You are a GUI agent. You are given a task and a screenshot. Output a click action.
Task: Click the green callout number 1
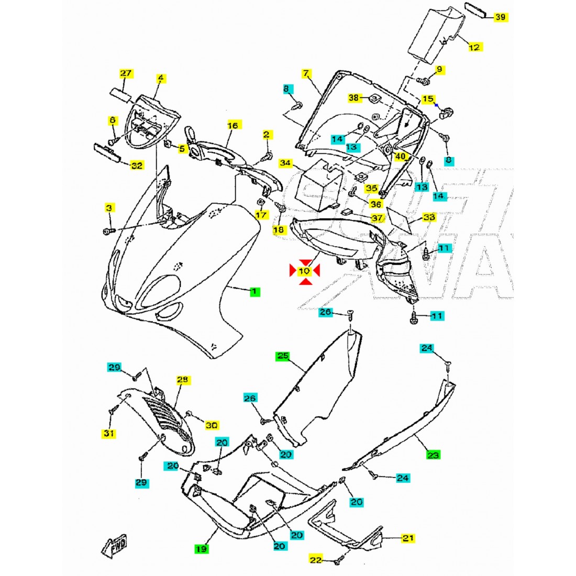pyautogui.click(x=254, y=291)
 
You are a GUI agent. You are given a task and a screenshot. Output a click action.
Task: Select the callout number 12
pyautogui.click(x=473, y=47)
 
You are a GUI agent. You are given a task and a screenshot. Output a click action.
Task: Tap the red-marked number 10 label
pyautogui.click(x=304, y=271)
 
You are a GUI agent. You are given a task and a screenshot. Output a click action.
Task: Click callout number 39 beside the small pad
pyautogui.click(x=500, y=17)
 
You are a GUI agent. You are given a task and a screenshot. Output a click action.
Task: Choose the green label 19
pyautogui.click(x=201, y=549)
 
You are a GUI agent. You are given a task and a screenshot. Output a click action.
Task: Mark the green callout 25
pyautogui.click(x=283, y=356)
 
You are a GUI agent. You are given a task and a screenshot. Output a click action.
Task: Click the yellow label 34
pyautogui.click(x=285, y=163)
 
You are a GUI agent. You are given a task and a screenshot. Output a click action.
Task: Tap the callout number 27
pyautogui.click(x=126, y=73)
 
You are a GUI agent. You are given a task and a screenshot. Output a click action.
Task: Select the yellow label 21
pyautogui.click(x=408, y=538)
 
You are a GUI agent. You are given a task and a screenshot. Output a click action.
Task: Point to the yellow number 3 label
pyautogui.click(x=109, y=208)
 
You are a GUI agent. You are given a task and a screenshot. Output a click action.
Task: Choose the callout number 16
pyautogui.click(x=232, y=125)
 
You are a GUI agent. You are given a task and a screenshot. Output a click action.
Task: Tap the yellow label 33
pyautogui.click(x=429, y=217)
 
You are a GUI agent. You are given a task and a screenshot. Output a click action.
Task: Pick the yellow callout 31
pyautogui.click(x=109, y=433)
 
